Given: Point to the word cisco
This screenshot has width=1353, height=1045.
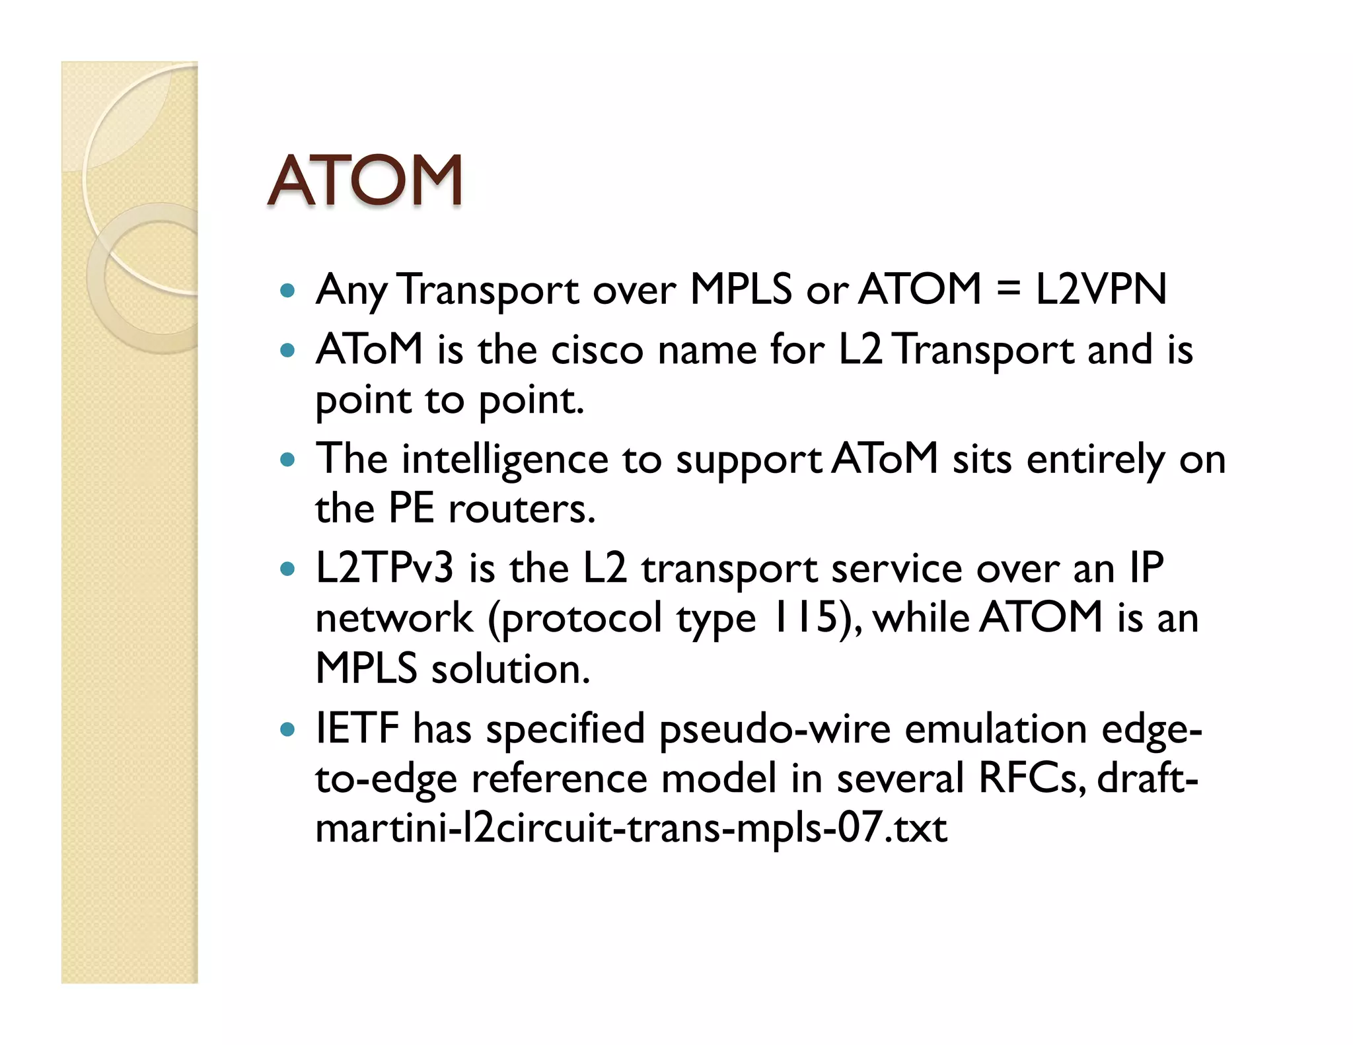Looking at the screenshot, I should click(x=597, y=350).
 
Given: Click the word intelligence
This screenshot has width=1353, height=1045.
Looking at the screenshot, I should click(x=505, y=460).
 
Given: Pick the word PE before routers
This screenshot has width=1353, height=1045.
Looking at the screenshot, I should click(x=411, y=509).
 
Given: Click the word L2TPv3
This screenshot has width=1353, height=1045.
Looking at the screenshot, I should click(x=384, y=568).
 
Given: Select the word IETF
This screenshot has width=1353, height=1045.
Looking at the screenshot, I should click(x=357, y=728).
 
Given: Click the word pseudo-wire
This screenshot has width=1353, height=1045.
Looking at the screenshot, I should click(x=775, y=729).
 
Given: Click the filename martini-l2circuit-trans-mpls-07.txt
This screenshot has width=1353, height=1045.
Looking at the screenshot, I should click(x=631, y=828).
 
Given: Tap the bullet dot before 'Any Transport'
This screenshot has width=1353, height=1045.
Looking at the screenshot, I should click(x=287, y=290).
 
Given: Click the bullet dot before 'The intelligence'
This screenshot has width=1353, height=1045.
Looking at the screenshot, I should click(x=287, y=459).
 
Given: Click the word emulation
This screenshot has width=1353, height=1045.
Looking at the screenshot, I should click(x=996, y=729).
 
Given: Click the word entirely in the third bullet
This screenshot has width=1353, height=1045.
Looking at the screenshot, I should click(x=1095, y=460).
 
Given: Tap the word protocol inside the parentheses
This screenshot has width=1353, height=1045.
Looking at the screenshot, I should click(x=581, y=620).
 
